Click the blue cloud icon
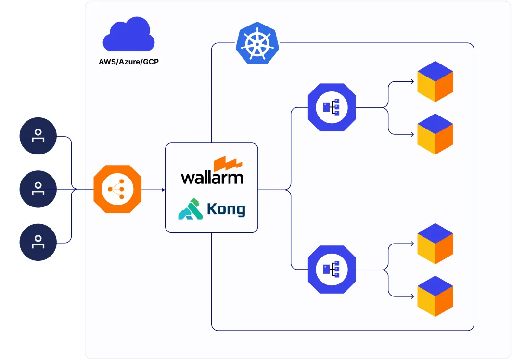pyautogui.click(x=128, y=35)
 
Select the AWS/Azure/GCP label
pyautogui.click(x=128, y=62)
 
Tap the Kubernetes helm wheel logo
pyautogui.click(x=257, y=43)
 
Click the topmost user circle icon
pyautogui.click(x=38, y=136)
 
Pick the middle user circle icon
pyautogui.click(x=38, y=189)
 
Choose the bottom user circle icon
pyautogui.click(x=38, y=242)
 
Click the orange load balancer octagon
pyautogui.click(x=117, y=189)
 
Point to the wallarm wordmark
pyautogui.click(x=212, y=178)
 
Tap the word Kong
pyautogui.click(x=226, y=209)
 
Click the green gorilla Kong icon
pyautogui.click(x=191, y=209)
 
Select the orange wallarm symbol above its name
pyautogui.click(x=228, y=163)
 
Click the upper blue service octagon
pyautogui.click(x=332, y=107)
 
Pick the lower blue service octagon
pyautogui.click(x=332, y=270)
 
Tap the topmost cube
pyautogui.click(x=435, y=81)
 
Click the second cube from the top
pyautogui.click(x=435, y=134)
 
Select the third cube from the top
pyautogui.click(x=435, y=244)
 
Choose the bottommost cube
pyautogui.click(x=435, y=296)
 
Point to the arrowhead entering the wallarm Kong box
pyautogui.click(x=163, y=190)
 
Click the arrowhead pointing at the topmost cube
pyautogui.click(x=412, y=81)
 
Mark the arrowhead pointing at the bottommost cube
pyautogui.click(x=412, y=296)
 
